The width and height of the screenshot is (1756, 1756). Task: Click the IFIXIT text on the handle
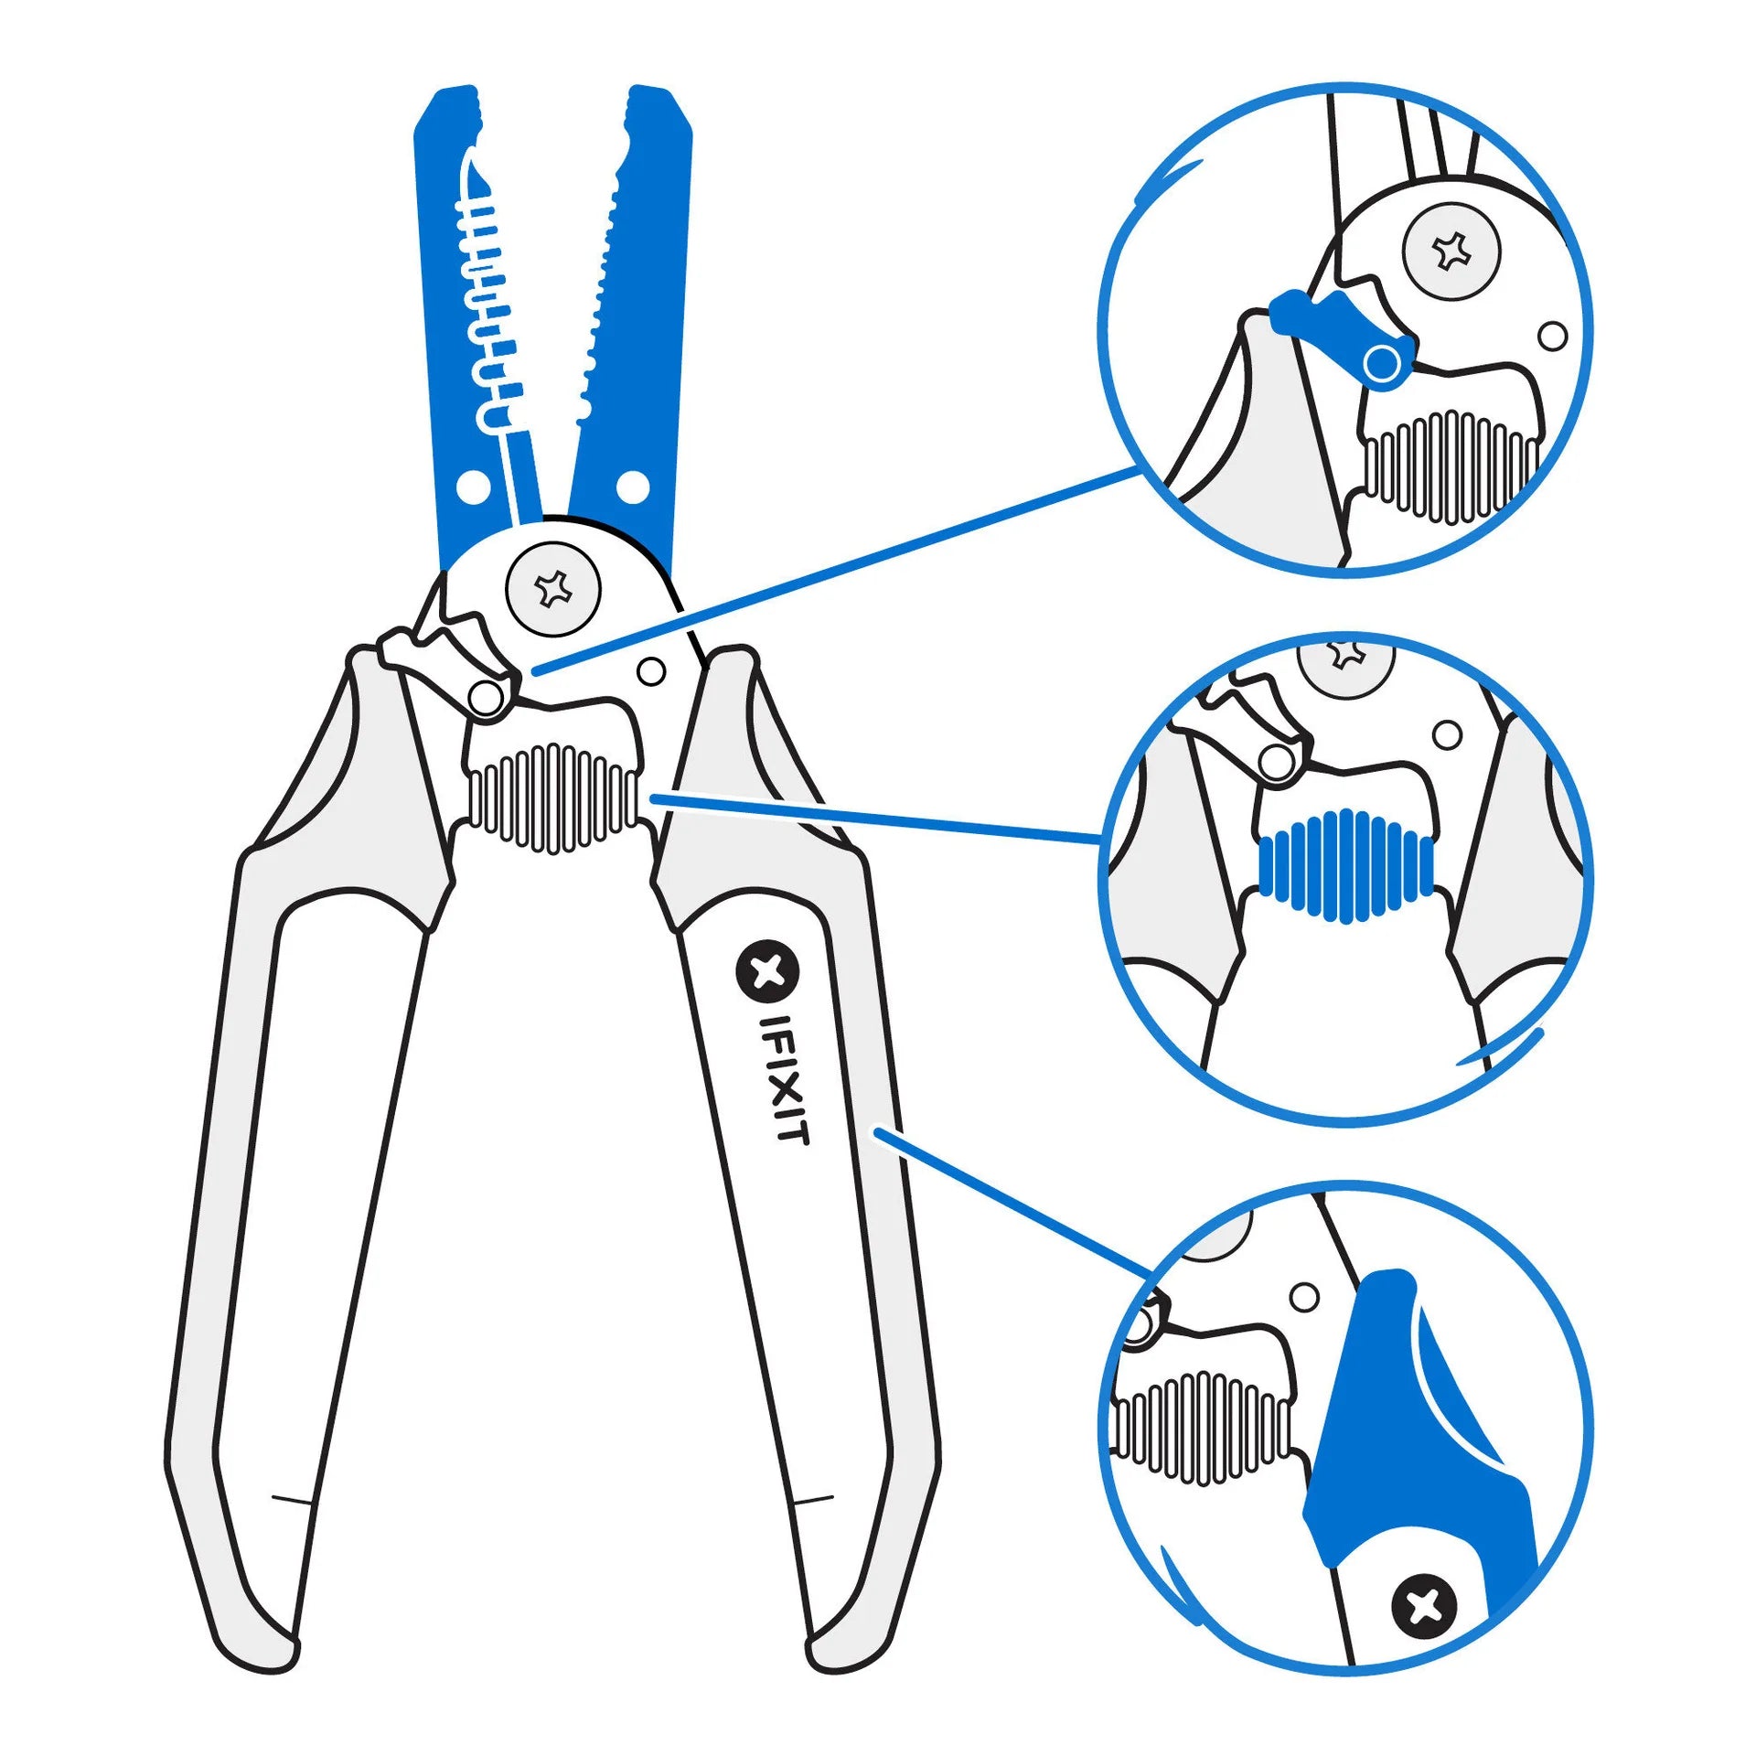(x=785, y=1079)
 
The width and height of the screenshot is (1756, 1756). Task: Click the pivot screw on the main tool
(x=553, y=590)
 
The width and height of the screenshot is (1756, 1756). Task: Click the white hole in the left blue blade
(x=472, y=487)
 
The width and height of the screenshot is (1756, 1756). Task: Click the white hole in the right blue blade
(x=632, y=487)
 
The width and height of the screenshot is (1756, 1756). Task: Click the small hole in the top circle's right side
(x=1552, y=336)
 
